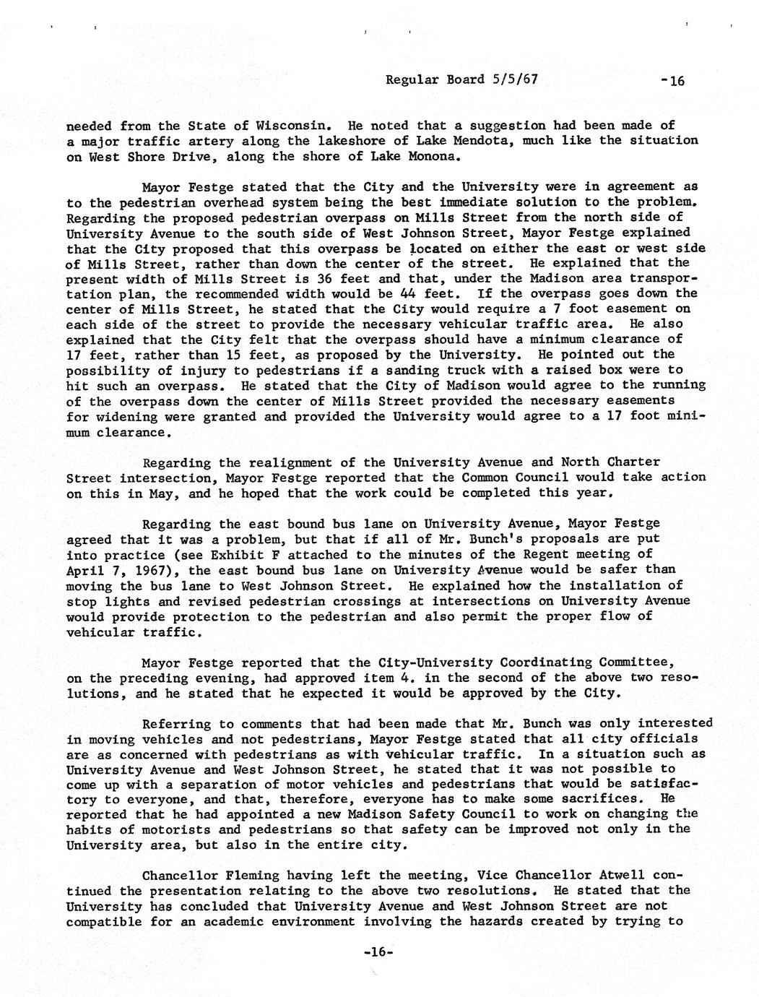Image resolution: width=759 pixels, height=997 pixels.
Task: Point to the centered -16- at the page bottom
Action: (x=378, y=952)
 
